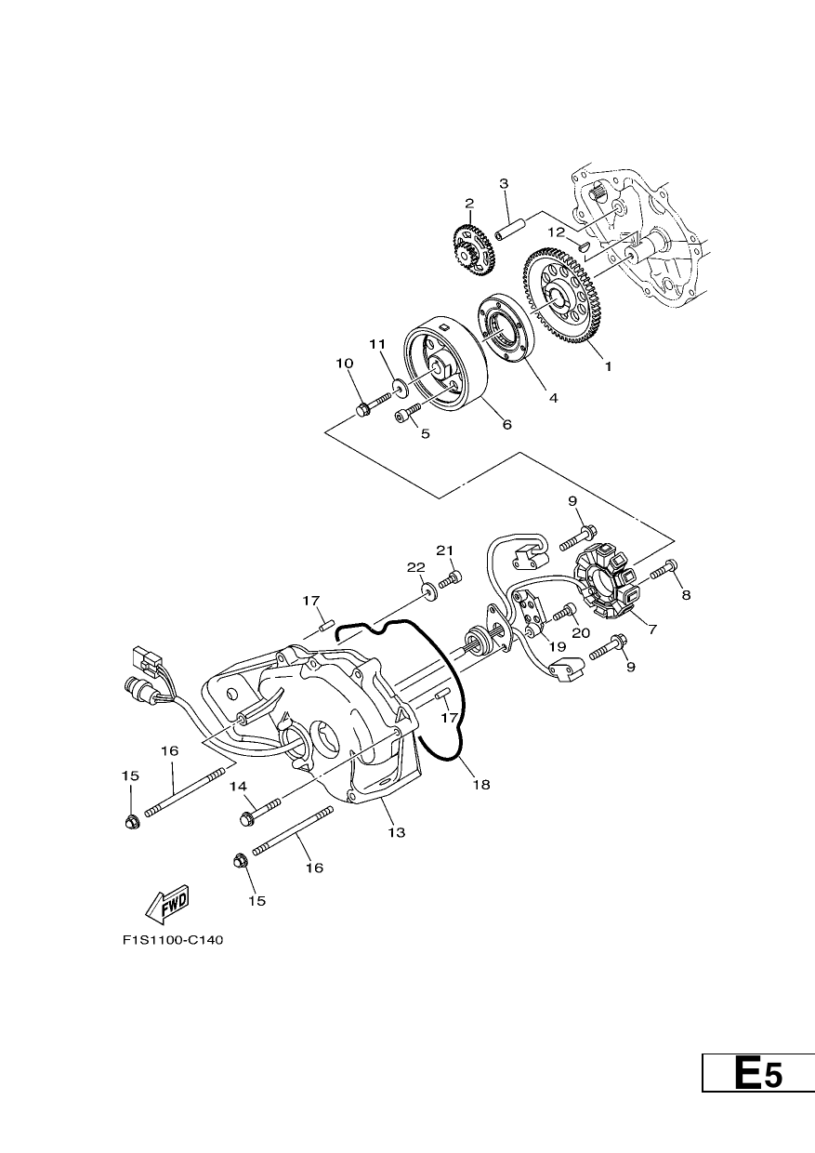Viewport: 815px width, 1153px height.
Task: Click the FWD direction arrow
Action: pos(167,906)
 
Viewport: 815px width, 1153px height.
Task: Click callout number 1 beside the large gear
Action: pos(608,366)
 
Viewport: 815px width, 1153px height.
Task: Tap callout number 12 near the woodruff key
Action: pos(557,232)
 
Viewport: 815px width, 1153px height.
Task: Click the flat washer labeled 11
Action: pos(400,387)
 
